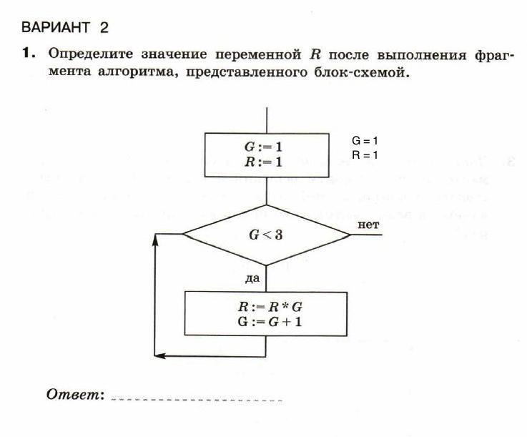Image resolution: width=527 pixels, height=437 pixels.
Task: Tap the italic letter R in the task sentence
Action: click(315, 54)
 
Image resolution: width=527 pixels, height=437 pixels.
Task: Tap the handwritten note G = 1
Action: click(365, 141)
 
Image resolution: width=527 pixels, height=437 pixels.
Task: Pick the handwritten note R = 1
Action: click(365, 154)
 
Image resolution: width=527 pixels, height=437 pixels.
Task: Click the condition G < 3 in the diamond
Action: click(265, 234)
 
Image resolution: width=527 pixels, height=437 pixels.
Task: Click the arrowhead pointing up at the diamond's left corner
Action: click(155, 240)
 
